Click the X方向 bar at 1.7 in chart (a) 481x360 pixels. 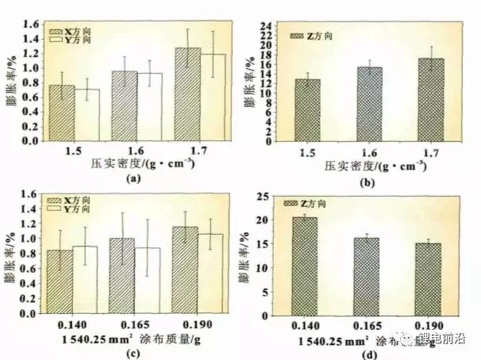[188, 94]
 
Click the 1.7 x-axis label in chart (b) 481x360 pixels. [429, 151]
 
